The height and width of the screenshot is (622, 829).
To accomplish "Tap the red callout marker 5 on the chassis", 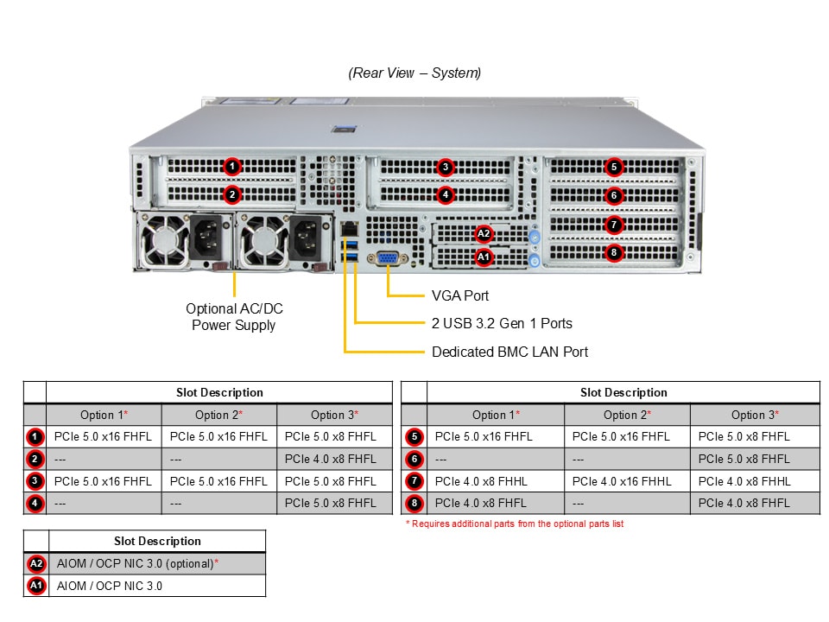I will click(x=613, y=167).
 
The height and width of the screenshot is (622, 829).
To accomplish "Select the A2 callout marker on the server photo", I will click(x=483, y=233).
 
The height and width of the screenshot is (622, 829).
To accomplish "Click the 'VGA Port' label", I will click(x=460, y=295).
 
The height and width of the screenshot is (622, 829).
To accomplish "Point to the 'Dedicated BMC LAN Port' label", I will click(x=509, y=352).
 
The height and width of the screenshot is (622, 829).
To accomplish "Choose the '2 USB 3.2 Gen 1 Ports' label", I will click(x=502, y=323).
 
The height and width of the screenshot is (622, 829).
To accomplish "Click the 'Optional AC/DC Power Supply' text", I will click(x=234, y=317).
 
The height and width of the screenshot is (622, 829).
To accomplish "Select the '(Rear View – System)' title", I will click(x=414, y=73).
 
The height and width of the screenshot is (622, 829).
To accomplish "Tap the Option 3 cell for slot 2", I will click(x=331, y=459).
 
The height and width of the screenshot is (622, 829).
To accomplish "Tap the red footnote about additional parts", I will click(x=514, y=524).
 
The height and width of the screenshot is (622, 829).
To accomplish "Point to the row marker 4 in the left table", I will click(x=35, y=503).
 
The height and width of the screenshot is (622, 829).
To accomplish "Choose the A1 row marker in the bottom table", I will click(x=35, y=586).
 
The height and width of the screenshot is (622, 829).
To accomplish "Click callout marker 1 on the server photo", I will click(x=231, y=166).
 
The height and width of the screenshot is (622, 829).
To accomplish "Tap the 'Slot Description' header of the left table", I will click(x=219, y=392).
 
